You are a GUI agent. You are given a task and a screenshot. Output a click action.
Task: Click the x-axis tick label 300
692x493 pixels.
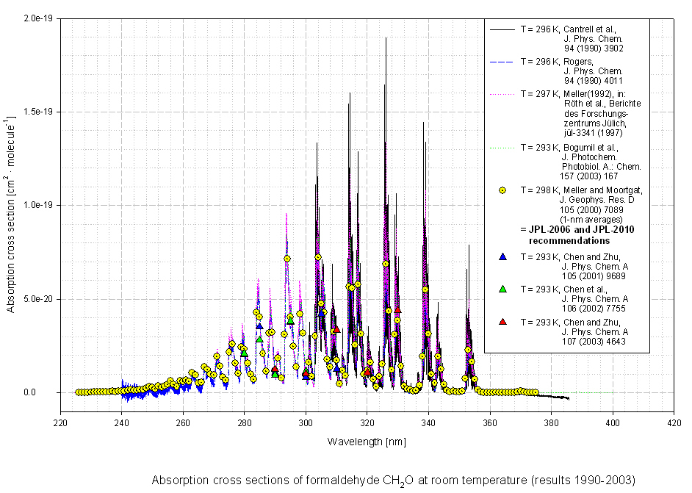[306, 423]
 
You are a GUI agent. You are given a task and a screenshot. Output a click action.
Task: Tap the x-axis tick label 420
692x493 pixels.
[674, 423]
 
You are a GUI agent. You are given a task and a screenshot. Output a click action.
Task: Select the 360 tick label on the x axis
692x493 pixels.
[490, 423]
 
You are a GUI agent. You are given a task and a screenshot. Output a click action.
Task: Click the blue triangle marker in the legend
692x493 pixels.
[502, 256]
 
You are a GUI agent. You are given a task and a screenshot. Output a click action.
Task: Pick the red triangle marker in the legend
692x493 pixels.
[502, 322]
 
